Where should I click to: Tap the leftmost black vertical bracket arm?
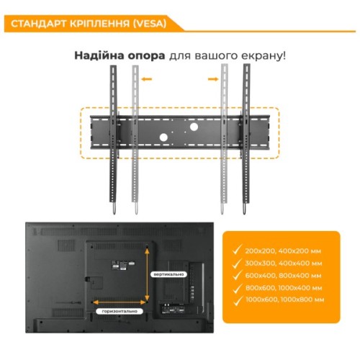[x=113, y=137]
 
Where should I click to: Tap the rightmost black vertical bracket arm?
[x=248, y=137]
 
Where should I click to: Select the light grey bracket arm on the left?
[x=133, y=137]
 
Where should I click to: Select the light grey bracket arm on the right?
[x=225, y=137]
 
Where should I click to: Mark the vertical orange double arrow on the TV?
[x=148, y=274]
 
